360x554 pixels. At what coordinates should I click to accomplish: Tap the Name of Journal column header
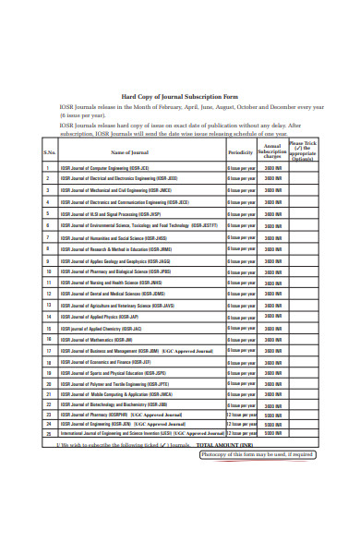tap(129, 152)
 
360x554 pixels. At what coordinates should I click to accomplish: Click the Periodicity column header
tap(240, 152)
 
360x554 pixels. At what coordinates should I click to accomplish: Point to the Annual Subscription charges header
tap(271, 151)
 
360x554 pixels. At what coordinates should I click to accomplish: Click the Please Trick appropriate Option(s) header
tap(302, 151)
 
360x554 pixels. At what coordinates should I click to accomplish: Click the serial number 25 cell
tap(49, 432)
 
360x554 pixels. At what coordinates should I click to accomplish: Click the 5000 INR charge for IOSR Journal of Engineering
tap(272, 424)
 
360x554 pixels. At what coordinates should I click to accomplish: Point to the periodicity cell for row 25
tap(240, 432)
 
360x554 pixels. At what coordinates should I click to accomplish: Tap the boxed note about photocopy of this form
tap(258, 454)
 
